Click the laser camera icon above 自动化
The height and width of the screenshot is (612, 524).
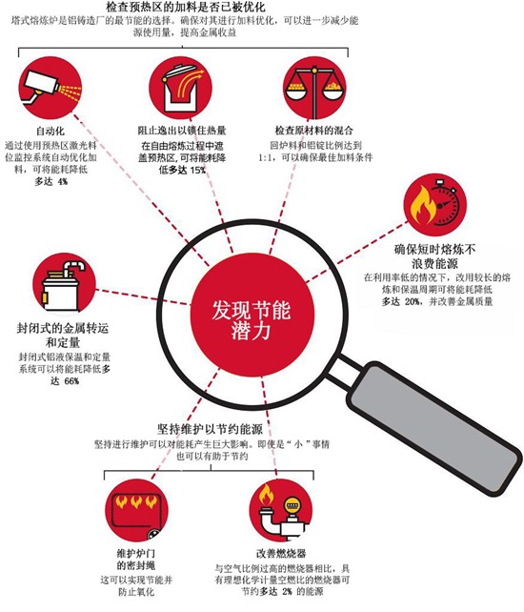tap(50, 89)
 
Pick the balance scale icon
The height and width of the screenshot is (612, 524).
tap(314, 89)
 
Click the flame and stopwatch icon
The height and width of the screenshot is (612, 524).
tap(435, 206)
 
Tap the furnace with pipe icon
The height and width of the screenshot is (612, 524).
tap(64, 284)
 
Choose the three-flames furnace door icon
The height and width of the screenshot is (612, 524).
tap(136, 510)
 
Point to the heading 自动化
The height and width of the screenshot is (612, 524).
tap(50, 131)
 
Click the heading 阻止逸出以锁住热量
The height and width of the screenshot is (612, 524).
tap(182, 131)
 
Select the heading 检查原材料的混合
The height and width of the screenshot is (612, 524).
tap(314, 131)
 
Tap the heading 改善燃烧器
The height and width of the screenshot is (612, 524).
tap(281, 554)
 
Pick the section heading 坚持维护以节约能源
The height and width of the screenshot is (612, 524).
tap(210, 429)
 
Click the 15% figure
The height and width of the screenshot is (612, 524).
tap(198, 171)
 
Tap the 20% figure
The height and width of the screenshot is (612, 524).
tap(412, 301)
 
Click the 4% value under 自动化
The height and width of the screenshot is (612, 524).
tap(63, 181)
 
